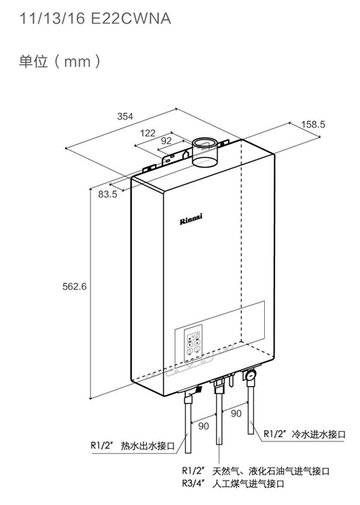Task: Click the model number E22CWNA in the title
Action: click(x=131, y=18)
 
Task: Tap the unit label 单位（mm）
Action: click(x=60, y=61)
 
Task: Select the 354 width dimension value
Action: click(x=125, y=116)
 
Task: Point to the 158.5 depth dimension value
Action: click(x=313, y=124)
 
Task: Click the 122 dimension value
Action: click(x=148, y=133)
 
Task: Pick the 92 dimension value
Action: click(x=166, y=141)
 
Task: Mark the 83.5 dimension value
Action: click(x=108, y=194)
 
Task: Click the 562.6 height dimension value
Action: click(x=75, y=286)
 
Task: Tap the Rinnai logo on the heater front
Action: click(x=191, y=219)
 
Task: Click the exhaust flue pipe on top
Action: click(x=204, y=152)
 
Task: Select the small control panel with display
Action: click(x=193, y=343)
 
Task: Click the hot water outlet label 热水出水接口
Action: click(x=148, y=446)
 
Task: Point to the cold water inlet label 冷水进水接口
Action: click(x=319, y=434)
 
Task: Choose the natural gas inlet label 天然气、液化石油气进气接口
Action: click(x=271, y=472)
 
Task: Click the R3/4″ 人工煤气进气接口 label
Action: click(x=233, y=484)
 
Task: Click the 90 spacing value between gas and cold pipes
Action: click(x=236, y=413)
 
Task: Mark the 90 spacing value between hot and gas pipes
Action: click(x=204, y=426)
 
